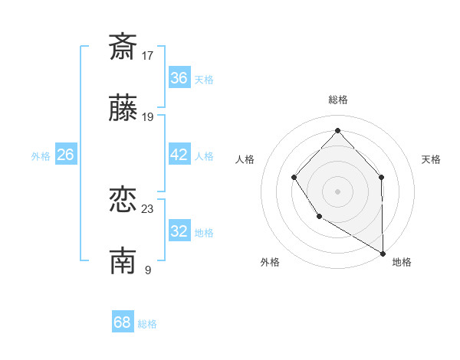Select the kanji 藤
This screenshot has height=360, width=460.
[123, 110]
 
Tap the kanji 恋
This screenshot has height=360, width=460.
[123, 200]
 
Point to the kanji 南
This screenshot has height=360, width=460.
[123, 261]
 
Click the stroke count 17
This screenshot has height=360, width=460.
[148, 55]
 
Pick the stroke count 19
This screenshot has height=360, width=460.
[148, 117]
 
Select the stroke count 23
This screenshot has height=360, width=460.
[148, 208]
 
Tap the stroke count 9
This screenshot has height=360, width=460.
[147, 270]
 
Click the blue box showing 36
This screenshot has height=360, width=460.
[179, 78]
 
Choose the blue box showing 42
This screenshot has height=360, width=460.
[179, 155]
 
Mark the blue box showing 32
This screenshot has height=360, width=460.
[179, 231]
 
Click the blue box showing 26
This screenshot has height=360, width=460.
[66, 155]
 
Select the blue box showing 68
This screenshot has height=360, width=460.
[123, 322]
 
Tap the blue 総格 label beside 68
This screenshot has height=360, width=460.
[147, 324]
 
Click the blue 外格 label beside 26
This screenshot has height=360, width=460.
[41, 156]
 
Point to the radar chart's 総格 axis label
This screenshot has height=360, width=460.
[338, 100]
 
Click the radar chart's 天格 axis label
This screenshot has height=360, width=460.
[432, 159]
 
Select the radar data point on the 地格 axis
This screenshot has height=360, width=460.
[383, 252]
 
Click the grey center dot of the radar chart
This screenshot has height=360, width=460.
[337, 191]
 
